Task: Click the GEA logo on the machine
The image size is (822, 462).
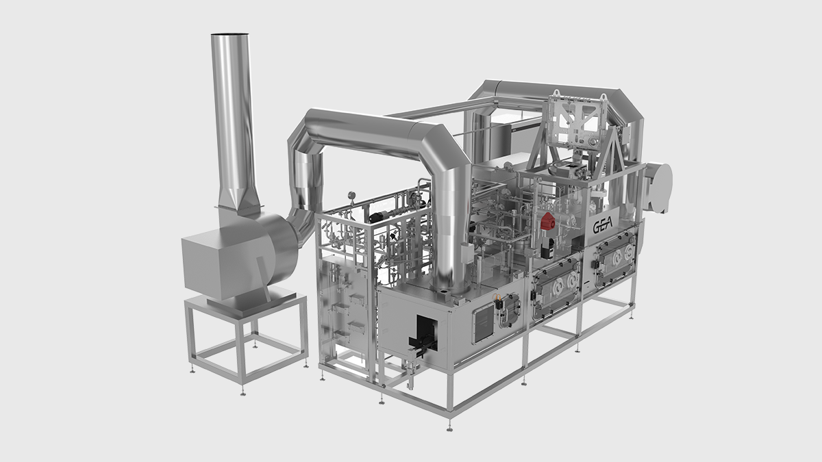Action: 603,227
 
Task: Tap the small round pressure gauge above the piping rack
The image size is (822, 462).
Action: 351,195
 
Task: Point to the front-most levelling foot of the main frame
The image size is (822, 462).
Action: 449,427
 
